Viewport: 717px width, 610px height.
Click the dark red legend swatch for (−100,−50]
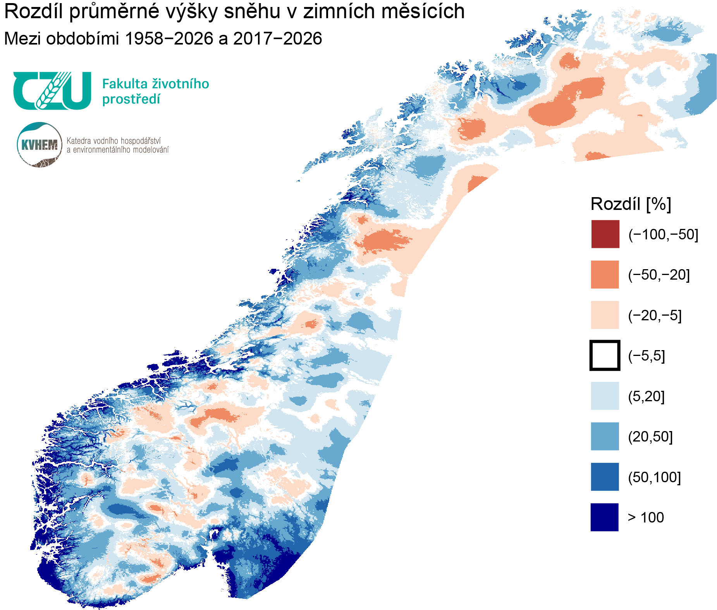coord(605,234)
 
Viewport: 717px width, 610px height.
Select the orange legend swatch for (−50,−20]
coord(605,275)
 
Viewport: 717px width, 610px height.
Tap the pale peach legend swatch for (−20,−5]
coord(605,315)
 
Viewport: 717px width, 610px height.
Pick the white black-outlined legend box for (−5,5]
coord(605,356)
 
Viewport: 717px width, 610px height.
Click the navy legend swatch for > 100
coord(604,517)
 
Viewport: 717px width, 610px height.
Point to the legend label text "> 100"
coord(646,517)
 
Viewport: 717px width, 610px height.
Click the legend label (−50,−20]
coord(659,275)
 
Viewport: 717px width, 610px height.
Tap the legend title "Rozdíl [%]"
coord(631,204)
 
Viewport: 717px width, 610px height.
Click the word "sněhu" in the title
coord(252,12)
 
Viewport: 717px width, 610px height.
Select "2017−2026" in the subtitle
coord(277,39)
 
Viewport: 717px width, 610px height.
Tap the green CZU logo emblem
coord(52,91)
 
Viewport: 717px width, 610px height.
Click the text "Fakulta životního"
coord(155,84)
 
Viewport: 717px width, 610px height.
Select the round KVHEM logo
coord(40,145)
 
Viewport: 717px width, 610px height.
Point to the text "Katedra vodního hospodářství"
coord(113,141)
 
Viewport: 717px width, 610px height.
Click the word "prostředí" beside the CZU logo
coord(131,100)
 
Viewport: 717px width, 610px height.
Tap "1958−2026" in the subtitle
coord(169,39)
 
